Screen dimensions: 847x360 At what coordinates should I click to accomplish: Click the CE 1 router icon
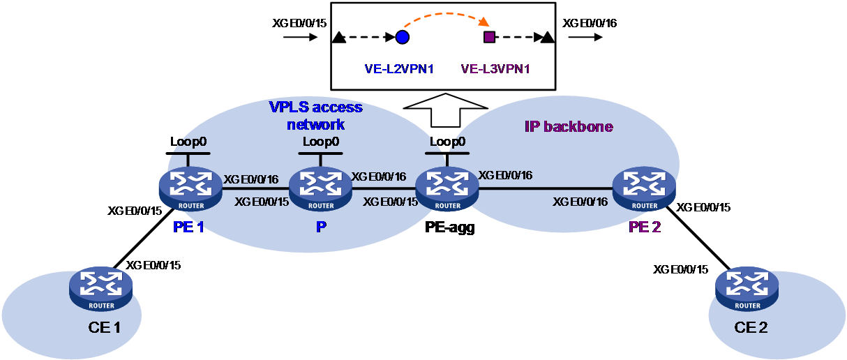point(101,289)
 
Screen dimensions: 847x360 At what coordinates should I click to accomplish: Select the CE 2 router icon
point(747,289)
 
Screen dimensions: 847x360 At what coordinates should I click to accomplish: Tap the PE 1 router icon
point(190,189)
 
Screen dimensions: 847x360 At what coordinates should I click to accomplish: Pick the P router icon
point(321,189)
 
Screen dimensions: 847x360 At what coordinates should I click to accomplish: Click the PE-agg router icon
point(447,189)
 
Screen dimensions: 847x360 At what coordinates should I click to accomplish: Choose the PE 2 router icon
point(645,189)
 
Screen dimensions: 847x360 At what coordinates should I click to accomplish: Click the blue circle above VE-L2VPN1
point(403,37)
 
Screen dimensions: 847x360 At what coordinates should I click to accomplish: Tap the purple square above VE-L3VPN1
point(489,37)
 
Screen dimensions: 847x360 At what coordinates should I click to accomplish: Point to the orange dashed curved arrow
point(447,14)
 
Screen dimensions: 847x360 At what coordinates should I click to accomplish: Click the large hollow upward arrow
point(445,110)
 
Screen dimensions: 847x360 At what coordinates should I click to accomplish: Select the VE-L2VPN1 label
point(399,69)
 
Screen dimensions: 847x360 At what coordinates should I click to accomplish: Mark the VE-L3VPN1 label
point(495,69)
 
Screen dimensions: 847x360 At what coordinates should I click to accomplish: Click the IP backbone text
point(569,126)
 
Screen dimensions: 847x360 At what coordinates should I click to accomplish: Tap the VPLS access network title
point(316,116)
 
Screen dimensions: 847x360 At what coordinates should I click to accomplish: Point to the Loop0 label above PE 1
point(188,142)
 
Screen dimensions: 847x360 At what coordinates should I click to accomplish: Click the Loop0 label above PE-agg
point(447,142)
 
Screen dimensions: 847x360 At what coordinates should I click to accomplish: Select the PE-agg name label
point(450,227)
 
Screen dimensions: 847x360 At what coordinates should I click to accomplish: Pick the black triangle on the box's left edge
point(338,38)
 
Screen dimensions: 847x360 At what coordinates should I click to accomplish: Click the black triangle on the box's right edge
point(548,37)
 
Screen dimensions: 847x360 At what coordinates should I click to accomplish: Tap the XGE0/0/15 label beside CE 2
point(681,269)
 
